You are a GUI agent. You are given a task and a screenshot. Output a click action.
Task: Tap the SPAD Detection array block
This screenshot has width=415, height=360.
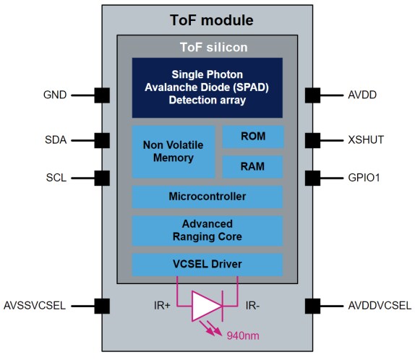tap(207, 87)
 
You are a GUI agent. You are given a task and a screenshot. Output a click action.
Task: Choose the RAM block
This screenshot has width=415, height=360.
tap(252, 167)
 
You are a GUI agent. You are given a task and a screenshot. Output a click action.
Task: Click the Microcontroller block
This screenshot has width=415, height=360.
tap(207, 197)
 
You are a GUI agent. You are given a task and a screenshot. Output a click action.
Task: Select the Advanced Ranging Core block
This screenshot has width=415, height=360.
tap(207, 230)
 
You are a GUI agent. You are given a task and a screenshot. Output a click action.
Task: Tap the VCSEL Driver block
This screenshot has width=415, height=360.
tap(207, 264)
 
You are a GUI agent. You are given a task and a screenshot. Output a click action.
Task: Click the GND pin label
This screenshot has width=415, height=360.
tap(54, 95)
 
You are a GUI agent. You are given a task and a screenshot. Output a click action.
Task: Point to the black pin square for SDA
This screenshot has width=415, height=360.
tap(102, 140)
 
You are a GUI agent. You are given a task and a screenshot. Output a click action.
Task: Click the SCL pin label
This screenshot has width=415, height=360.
tap(55, 176)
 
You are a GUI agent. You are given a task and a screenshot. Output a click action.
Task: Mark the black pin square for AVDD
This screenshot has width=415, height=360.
tap(312, 95)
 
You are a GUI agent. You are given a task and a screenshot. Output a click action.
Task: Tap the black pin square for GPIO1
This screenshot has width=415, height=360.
tap(312, 176)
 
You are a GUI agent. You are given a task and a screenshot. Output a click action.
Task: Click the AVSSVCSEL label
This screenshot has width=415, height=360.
tap(35, 305)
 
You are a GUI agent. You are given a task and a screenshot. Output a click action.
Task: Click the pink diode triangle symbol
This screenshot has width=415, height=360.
tap(205, 305)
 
